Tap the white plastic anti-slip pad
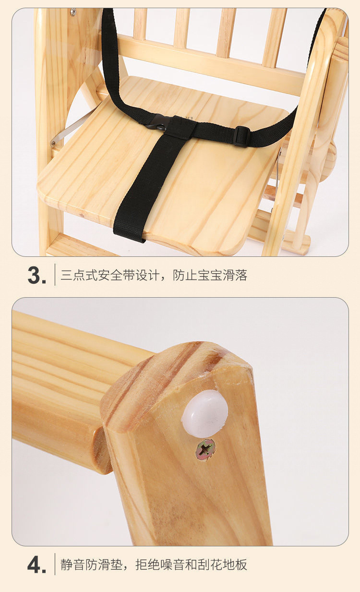point(204,413)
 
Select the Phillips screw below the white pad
point(205,450)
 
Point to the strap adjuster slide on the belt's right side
point(242,136)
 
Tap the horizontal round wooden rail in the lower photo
point(62,384)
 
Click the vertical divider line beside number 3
point(55,275)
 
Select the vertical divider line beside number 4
point(55,564)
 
